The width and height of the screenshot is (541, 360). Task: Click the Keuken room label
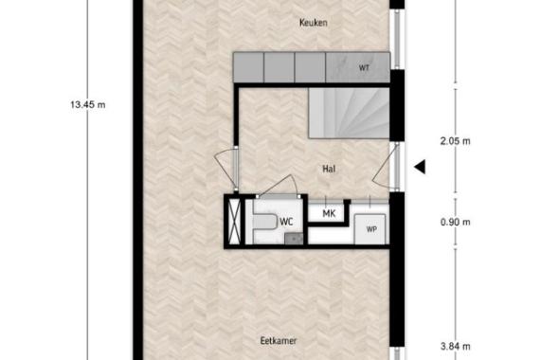pyautogui.click(x=314, y=23)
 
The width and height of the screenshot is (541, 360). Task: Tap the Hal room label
pyautogui.click(x=329, y=169)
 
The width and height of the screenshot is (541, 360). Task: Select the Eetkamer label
pyautogui.click(x=279, y=341)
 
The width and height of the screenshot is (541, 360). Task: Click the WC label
pyautogui.click(x=286, y=222)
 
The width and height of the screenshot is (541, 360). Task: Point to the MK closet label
pyautogui.click(x=329, y=213)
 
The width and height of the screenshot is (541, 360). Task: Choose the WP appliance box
pyautogui.click(x=370, y=229)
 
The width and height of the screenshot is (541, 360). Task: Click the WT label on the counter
pyautogui.click(x=365, y=68)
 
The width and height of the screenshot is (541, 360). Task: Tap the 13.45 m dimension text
pyautogui.click(x=88, y=104)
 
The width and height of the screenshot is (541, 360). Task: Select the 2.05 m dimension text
pyautogui.click(x=455, y=141)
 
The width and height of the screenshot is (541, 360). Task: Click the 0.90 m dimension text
pyautogui.click(x=455, y=222)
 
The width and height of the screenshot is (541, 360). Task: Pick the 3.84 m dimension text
pyautogui.click(x=455, y=346)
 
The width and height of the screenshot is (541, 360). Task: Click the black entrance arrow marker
pyautogui.click(x=420, y=167)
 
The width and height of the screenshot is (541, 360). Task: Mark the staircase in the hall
pyautogui.click(x=350, y=113)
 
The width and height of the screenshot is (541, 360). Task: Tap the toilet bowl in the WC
pyautogui.click(x=265, y=222)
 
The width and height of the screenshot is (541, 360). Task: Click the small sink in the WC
pyautogui.click(x=294, y=239)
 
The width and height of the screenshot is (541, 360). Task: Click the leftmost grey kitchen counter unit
pyautogui.click(x=248, y=67)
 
